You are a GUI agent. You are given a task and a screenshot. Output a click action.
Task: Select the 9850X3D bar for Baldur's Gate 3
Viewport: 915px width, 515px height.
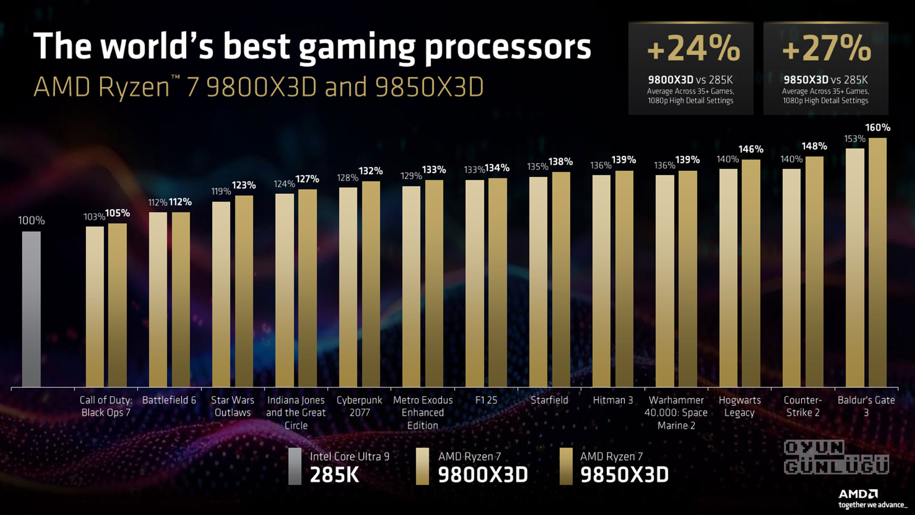[877, 262]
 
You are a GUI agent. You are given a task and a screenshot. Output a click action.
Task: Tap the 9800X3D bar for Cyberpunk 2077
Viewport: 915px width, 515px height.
[348, 287]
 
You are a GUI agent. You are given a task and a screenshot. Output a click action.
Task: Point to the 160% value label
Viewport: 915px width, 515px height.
[877, 128]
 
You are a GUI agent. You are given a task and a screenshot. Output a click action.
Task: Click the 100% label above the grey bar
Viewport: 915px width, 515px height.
[31, 220]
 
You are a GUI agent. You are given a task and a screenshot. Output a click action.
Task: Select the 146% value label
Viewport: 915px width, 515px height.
[751, 149]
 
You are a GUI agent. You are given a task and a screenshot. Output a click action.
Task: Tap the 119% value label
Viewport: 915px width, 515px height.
[221, 191]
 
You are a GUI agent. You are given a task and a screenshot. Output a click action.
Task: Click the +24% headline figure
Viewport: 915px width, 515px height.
[693, 49]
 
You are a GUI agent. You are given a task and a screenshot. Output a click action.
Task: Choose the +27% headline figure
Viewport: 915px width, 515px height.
[826, 49]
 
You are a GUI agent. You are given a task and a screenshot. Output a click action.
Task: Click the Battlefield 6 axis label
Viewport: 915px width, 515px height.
[169, 400]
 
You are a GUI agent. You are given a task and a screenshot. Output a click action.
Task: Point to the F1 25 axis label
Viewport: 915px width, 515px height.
[486, 400]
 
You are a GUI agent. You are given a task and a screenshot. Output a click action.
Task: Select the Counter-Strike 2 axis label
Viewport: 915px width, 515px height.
[803, 406]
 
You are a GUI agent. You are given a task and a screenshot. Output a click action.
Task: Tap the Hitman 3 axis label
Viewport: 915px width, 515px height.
[613, 400]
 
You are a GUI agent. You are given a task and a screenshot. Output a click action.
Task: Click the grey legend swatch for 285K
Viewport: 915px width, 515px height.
[295, 466]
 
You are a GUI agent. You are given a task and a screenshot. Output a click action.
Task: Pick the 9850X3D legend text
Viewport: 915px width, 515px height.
[624, 474]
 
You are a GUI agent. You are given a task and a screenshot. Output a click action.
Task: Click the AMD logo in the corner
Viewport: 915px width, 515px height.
[858, 494]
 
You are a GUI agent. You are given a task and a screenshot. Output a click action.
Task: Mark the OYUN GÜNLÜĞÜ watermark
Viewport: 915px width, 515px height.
[836, 457]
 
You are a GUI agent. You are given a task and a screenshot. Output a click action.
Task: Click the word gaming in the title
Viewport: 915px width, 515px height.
[357, 47]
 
